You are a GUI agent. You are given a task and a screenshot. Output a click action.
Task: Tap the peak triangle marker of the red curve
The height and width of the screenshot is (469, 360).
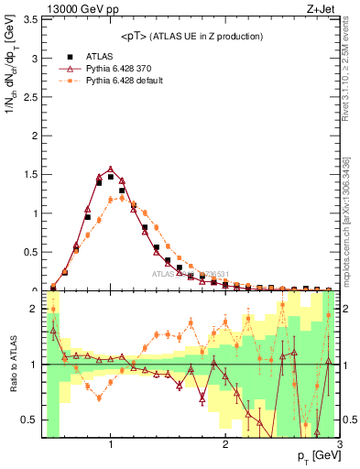(111, 169)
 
